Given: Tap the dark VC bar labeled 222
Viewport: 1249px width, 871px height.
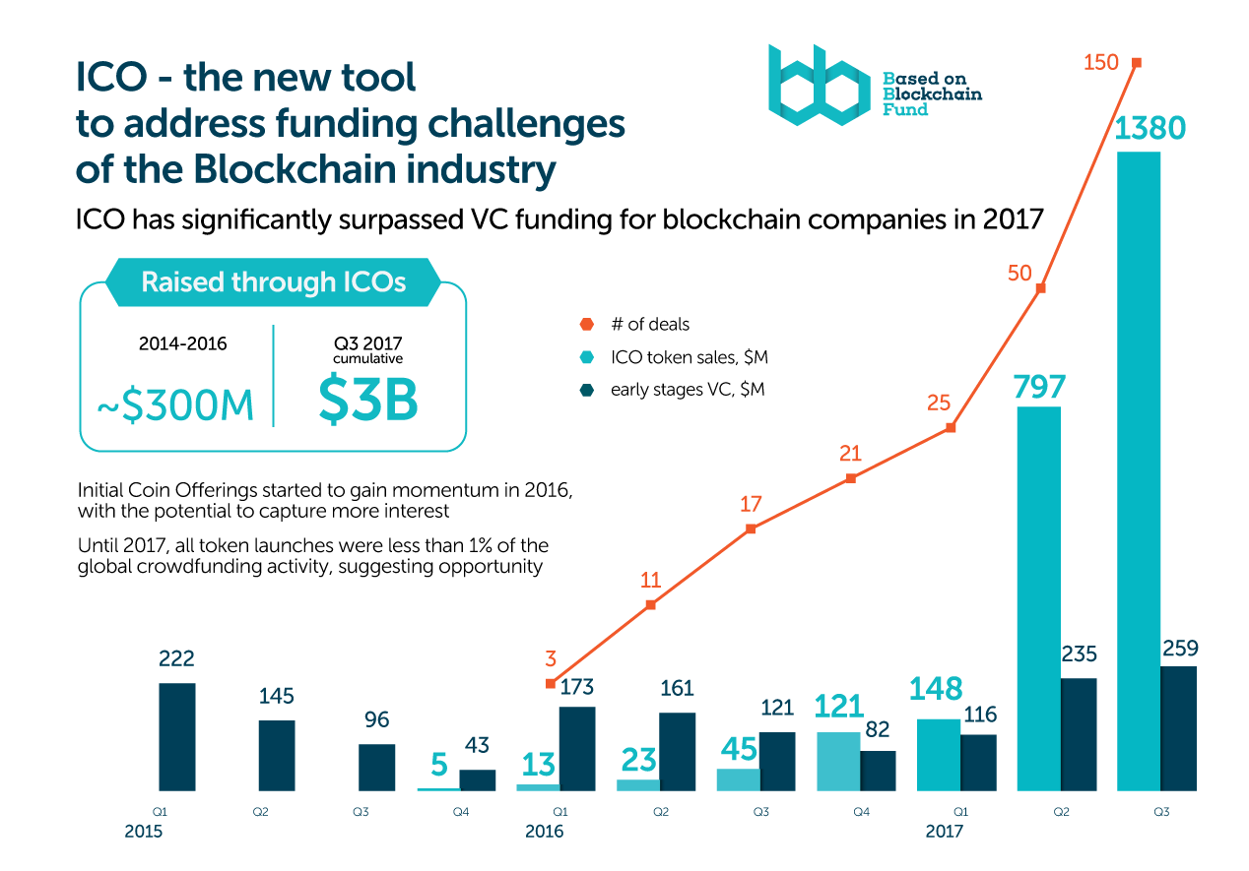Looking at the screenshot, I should pos(177,737).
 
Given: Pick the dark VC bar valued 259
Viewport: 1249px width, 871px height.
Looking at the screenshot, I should pos(1179,728).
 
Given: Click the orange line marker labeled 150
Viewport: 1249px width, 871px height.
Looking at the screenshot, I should pos(1137,63).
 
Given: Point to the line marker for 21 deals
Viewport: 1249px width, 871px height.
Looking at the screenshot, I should pos(851,478).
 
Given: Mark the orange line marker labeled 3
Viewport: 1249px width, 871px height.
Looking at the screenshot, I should pos(551,683).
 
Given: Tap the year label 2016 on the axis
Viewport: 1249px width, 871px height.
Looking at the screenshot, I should pos(544,832).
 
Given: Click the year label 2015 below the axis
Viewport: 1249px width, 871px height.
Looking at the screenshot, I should pos(143,832).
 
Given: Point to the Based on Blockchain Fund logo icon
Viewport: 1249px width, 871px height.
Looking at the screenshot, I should pos(819,86).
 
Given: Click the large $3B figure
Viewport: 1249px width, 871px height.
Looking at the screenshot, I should pos(368,401).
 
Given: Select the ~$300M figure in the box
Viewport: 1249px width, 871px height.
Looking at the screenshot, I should pos(175,404).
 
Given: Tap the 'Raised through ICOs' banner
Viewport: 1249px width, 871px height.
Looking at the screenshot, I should pos(273,282).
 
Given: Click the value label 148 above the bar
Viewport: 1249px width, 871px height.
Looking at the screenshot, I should pos(936,688).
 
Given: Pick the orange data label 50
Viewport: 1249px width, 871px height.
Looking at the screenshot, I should pos(1019,273).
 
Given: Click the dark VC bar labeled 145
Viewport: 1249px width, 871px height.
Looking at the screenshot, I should pos(277,756).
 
